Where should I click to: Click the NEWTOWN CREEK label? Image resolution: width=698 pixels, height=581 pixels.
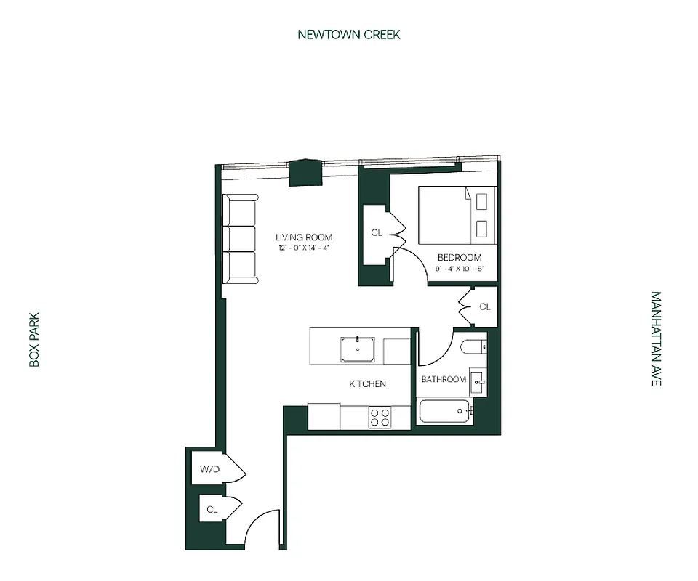point(349,34)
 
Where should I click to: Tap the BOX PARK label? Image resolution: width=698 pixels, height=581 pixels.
point(34,340)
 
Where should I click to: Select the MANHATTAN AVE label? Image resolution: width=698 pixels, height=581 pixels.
point(657,338)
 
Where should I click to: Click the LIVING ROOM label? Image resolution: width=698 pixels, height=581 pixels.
point(304,237)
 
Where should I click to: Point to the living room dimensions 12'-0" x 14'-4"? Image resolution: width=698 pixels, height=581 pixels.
point(304,248)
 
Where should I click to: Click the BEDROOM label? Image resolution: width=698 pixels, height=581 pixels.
point(459,257)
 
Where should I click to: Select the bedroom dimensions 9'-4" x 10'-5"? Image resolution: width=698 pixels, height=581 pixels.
point(459,269)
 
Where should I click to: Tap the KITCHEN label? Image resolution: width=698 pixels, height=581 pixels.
point(367,383)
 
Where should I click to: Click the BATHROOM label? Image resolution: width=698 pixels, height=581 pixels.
point(444,379)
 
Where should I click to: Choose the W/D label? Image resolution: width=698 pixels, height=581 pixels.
point(209,469)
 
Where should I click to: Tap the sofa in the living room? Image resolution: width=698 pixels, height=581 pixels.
point(241,239)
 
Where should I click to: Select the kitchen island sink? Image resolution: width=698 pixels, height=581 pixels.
point(358,349)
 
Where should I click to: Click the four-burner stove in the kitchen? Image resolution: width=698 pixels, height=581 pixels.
point(380,417)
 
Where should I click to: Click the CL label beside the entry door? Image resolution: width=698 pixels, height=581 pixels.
point(212,510)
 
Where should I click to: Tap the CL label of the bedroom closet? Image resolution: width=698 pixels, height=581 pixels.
point(376,233)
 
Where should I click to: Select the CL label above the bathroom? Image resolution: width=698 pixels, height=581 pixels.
point(485,307)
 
